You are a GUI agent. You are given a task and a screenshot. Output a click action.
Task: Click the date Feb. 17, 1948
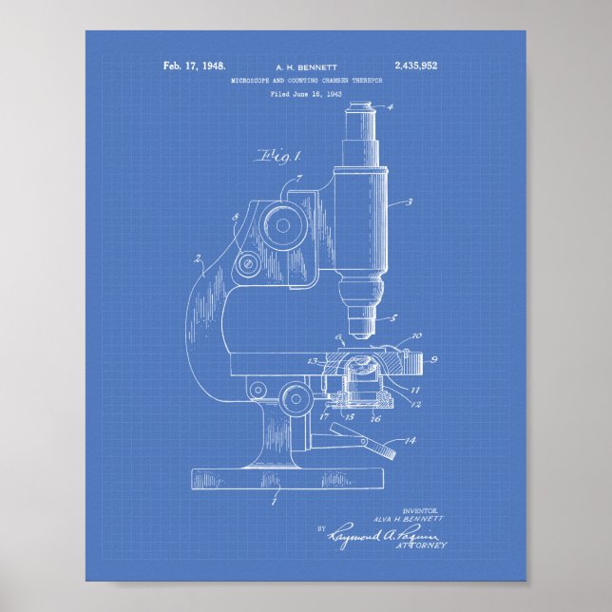[194, 67]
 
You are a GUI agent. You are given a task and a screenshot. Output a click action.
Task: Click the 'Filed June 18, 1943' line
[305, 95]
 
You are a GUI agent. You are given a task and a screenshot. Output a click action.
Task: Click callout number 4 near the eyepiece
[389, 107]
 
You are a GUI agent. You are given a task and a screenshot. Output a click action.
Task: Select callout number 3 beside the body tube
[409, 201]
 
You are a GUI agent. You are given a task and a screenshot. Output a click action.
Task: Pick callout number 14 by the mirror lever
[411, 440]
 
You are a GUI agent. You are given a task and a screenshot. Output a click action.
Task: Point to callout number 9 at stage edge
[433, 359]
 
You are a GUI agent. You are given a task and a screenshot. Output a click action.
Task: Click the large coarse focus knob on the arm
[280, 223]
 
